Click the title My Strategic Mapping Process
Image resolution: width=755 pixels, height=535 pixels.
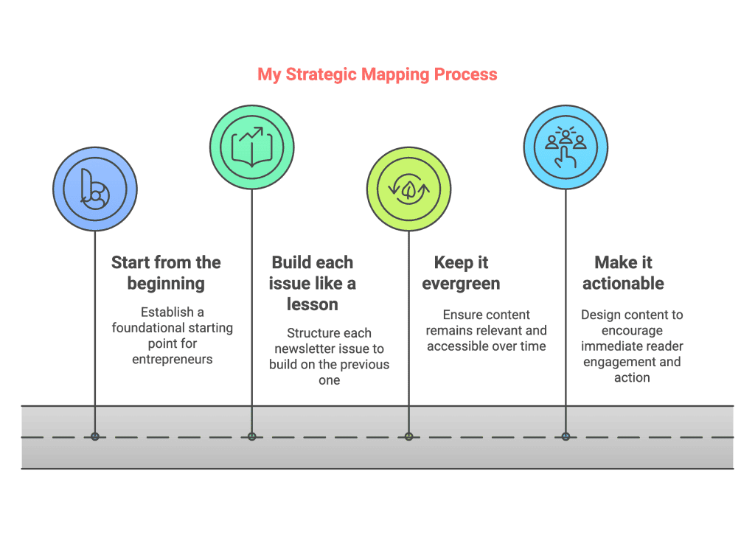tap(377, 74)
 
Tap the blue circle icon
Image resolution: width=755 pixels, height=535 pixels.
tap(95, 189)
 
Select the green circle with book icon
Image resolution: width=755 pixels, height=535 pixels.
tap(252, 147)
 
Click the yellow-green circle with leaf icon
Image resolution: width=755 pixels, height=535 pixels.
tap(409, 189)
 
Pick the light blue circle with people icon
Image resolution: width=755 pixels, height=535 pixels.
tap(566, 146)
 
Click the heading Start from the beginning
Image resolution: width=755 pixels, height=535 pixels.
tap(166, 273)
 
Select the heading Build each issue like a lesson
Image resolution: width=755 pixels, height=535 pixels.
tap(313, 283)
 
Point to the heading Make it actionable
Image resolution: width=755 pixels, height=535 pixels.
tap(623, 273)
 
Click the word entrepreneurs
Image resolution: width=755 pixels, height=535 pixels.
tap(173, 359)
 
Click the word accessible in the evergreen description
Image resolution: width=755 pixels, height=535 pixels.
tap(462, 346)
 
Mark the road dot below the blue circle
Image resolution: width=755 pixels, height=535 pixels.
tap(95, 436)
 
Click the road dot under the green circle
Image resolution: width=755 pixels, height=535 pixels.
tap(252, 436)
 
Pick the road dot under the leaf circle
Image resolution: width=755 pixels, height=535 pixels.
tap(409, 436)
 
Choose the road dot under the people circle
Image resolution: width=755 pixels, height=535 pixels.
tap(566, 436)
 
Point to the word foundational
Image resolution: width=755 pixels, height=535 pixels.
tap(150, 328)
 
